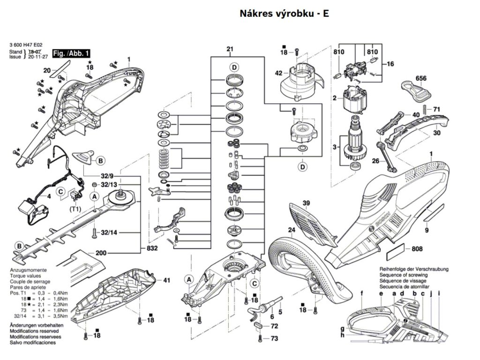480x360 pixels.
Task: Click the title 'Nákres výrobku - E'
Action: click(284, 14)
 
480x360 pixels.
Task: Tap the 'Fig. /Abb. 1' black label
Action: click(71, 53)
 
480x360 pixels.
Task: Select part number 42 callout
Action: click(278, 73)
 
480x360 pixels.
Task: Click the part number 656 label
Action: click(420, 78)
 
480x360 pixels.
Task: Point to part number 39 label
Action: click(306, 203)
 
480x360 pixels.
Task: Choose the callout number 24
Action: click(291, 230)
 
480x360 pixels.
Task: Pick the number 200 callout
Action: click(101, 253)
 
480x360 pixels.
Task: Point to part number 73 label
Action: click(274, 338)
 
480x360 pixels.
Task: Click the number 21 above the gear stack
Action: click(230, 49)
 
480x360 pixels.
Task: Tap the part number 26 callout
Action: click(375, 161)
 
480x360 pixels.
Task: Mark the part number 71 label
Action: click(437, 110)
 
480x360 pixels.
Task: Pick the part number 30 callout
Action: click(437, 133)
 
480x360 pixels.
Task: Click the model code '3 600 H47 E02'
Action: click(25, 46)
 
